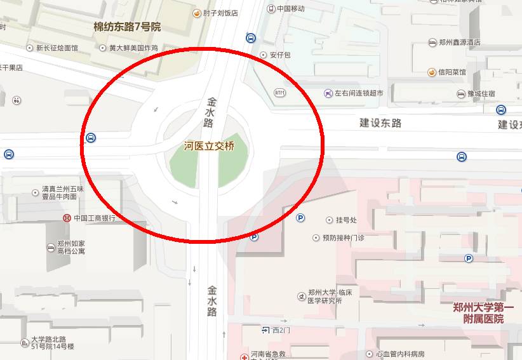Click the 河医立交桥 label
pos(209,146)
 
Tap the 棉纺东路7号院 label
pos(127,27)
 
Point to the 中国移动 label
pos(290,9)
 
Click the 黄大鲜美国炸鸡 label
pos(133,48)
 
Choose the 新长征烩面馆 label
pos(57,48)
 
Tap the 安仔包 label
pos(279,55)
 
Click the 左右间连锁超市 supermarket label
pos(359,93)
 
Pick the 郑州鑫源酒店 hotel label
pos(459,43)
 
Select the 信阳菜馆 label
pos(452,72)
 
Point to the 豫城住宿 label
pos(481,94)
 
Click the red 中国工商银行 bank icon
pos(67,218)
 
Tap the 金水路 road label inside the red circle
pos(209,112)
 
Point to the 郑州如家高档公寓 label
pos(70,247)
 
